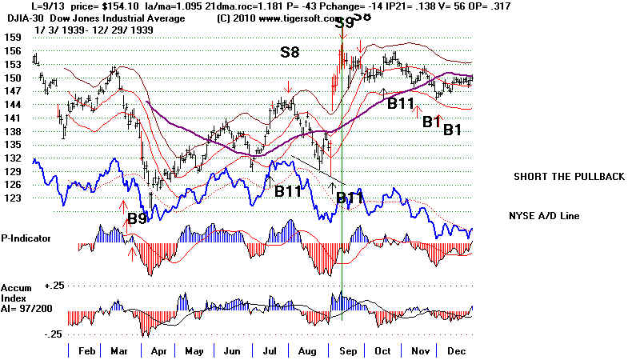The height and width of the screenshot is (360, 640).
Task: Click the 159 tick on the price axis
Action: click(x=12, y=37)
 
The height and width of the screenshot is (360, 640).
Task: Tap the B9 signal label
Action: click(x=138, y=218)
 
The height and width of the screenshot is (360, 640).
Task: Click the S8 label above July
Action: click(x=290, y=53)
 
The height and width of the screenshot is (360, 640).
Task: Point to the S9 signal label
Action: click(x=343, y=23)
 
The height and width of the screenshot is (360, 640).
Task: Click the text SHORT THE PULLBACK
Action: click(x=568, y=177)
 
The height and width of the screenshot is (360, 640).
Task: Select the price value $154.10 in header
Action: click(x=86, y=5)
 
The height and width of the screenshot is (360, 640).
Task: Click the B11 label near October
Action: click(x=401, y=102)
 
